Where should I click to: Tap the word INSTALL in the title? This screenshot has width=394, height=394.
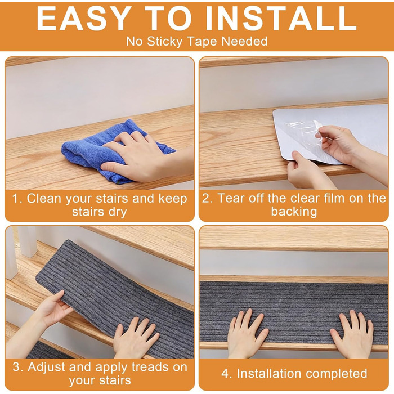pos(281,19)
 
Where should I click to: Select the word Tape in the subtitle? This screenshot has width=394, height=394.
pos(202,41)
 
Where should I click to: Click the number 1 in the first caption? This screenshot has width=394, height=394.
pos(15,199)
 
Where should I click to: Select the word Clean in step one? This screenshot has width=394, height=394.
pos(44,199)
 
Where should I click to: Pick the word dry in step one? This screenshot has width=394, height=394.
pos(118,212)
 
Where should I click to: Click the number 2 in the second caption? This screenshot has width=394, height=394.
pos(206,199)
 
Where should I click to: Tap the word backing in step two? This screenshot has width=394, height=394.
pos(294,212)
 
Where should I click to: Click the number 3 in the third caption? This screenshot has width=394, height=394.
pos(17,368)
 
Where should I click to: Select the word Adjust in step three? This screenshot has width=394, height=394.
pos(47,368)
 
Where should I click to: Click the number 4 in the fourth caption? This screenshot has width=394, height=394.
pos(225,374)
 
